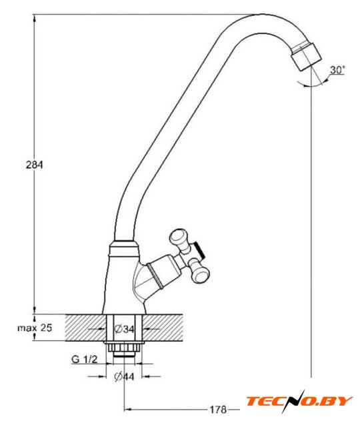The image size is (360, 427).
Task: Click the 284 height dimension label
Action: coord(34,165)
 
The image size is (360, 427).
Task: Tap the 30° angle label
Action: coord(337,69)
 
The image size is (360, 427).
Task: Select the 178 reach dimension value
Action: coord(218,409)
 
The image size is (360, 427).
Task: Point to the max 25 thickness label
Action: coord(35,328)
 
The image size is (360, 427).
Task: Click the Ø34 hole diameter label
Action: coord(125,329)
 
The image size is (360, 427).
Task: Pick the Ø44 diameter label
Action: coord(124,376)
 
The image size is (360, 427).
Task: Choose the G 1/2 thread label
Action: coord(84,359)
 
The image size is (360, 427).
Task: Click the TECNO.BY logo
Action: coord(299,401)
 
